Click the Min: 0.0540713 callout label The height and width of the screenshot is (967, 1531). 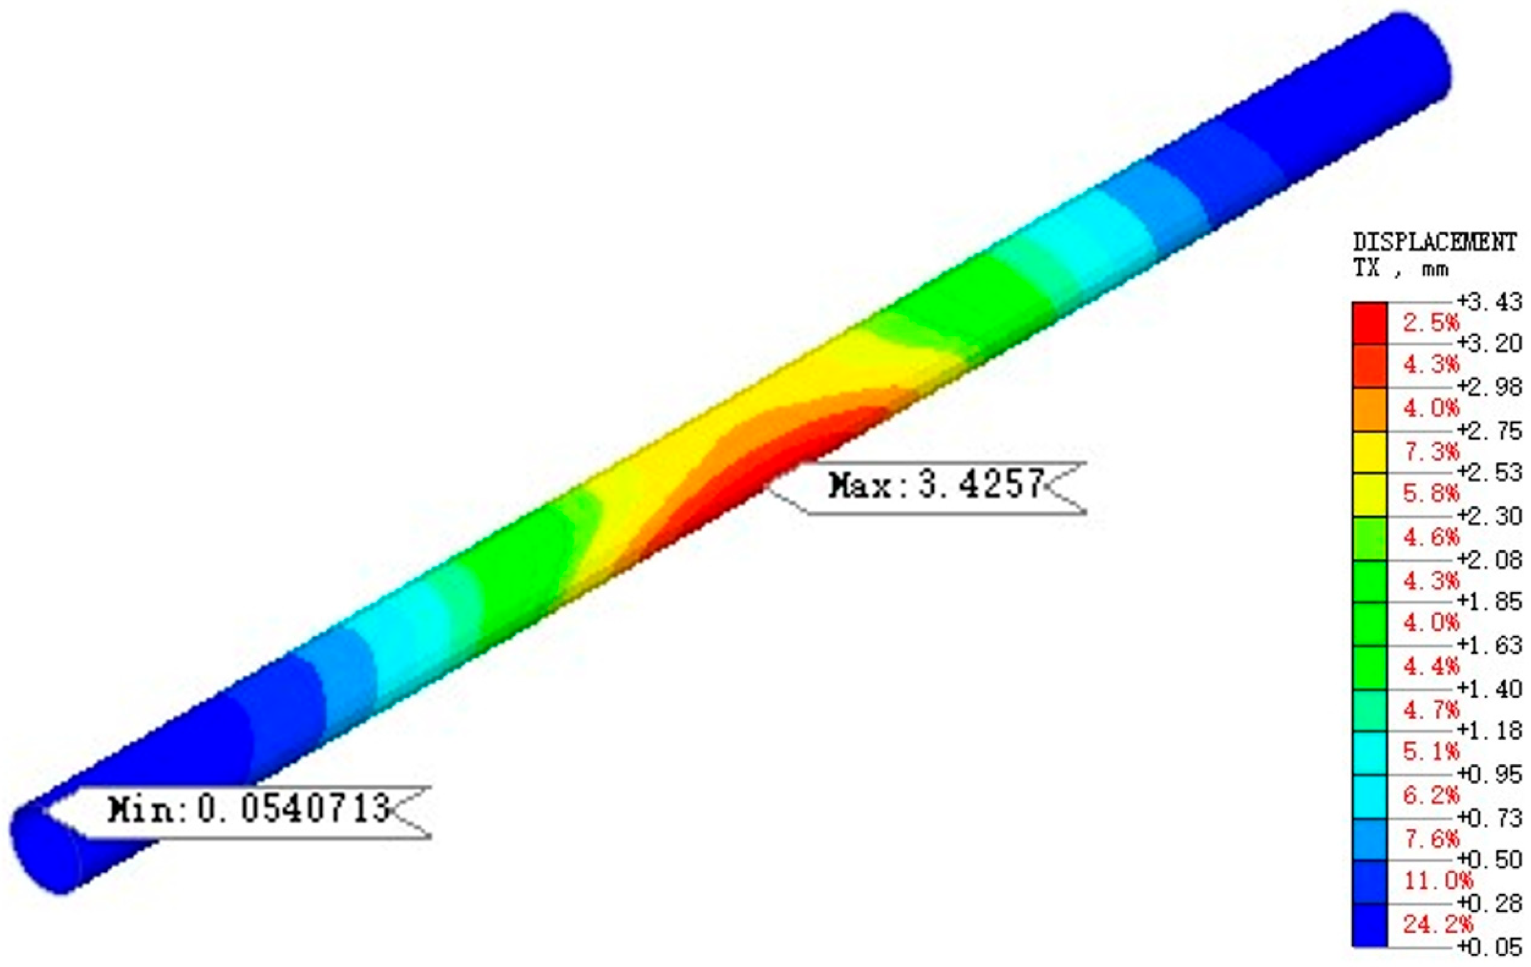pos(248,809)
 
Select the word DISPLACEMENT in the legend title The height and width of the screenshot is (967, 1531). pos(1434,242)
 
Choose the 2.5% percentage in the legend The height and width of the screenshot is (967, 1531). pos(1431,322)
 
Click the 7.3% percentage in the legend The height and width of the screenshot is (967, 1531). pos(1431,451)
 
